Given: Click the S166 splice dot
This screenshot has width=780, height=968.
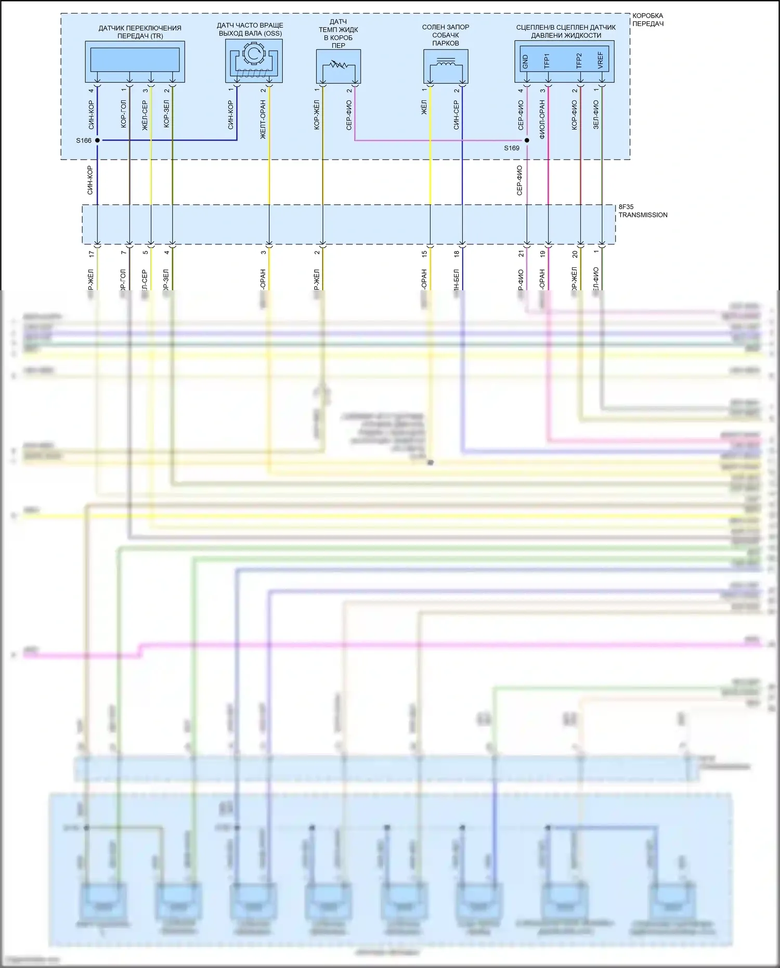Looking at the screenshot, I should tap(97, 140).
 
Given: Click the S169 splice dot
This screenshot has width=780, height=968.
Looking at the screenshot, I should tap(527, 140).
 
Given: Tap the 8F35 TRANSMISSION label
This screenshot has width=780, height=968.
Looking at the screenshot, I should tap(643, 211).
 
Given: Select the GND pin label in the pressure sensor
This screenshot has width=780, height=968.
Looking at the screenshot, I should tap(525, 61).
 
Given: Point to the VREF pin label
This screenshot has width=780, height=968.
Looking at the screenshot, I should tap(601, 60).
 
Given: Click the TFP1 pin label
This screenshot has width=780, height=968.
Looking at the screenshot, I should tap(547, 60).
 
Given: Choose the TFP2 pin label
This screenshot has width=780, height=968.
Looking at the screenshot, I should tap(579, 60).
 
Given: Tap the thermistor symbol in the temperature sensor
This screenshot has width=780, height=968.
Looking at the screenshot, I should tap(338, 66).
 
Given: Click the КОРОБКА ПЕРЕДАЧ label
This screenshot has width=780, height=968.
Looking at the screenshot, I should tap(648, 20).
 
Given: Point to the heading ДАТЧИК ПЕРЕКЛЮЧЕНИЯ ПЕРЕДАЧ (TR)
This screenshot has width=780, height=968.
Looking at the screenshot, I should tap(140, 32).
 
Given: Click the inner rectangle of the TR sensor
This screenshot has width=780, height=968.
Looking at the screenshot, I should tap(135, 60).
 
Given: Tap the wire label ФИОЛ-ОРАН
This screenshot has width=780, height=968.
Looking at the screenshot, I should tap(542, 120).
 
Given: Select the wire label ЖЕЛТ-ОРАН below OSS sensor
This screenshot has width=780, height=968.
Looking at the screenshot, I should tap(263, 120).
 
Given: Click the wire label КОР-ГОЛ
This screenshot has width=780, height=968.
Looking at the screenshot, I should tap(123, 114).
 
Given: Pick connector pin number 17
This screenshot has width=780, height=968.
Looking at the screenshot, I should tap(92, 254).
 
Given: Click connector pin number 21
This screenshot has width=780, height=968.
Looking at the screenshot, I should tap(521, 254).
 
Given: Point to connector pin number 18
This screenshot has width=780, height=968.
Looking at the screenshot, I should tap(457, 254).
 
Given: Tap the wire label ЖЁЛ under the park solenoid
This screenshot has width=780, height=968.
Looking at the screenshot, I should tap(424, 108).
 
